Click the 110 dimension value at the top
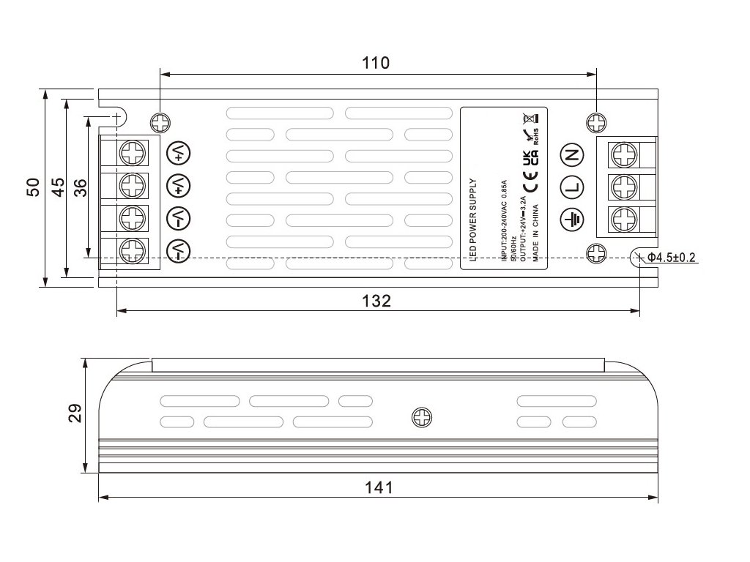pyautogui.click(x=376, y=63)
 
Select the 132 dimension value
pyautogui.click(x=376, y=301)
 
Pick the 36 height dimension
pyautogui.click(x=80, y=187)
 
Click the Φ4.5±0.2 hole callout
pyautogui.click(x=671, y=257)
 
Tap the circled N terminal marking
pyautogui.click(x=571, y=154)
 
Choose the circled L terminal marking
pyautogui.click(x=571, y=187)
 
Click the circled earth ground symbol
pyautogui.click(x=571, y=218)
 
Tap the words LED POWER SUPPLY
pyautogui.click(x=472, y=218)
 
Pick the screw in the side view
pyautogui.click(x=422, y=418)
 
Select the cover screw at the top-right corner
pyautogui.click(x=597, y=121)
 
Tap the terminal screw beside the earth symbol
pyautogui.click(x=623, y=219)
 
